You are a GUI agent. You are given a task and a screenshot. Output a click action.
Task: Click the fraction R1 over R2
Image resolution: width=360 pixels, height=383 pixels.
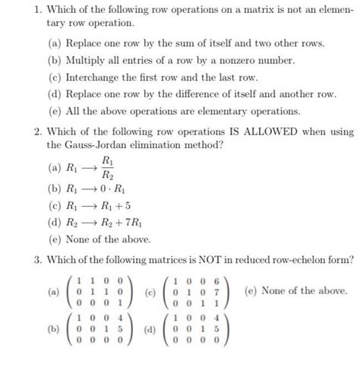click(x=109, y=173)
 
